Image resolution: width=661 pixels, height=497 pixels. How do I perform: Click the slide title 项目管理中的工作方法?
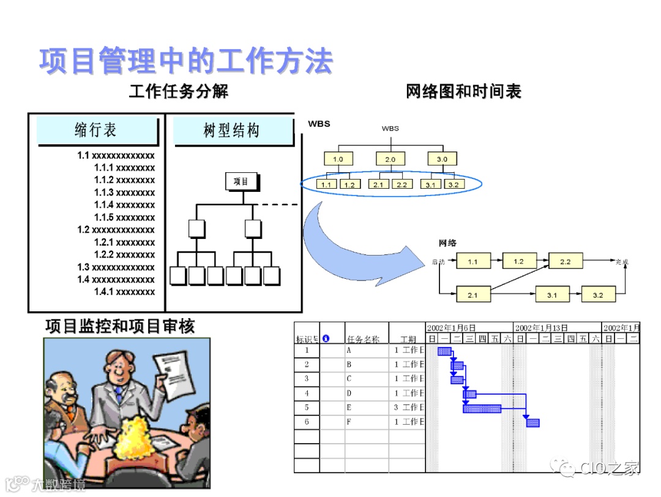click(186, 61)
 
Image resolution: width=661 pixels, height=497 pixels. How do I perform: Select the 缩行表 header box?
click(96, 130)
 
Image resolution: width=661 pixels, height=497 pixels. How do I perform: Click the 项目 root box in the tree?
click(241, 181)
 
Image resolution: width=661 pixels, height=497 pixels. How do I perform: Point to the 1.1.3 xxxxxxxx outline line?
click(124, 192)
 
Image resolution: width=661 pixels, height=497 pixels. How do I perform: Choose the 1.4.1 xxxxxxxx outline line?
click(124, 292)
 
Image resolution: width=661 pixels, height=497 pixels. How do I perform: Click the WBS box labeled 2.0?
click(390, 159)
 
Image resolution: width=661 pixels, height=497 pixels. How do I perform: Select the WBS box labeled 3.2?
click(453, 184)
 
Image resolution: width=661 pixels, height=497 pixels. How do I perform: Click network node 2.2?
click(564, 262)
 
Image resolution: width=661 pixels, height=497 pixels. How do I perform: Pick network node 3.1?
click(551, 295)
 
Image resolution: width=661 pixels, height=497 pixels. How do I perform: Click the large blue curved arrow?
click(349, 245)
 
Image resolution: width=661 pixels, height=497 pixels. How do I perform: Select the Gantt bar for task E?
click(482, 408)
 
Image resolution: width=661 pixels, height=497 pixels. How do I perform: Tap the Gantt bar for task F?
click(532, 423)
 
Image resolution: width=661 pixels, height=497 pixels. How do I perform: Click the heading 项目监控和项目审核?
click(120, 326)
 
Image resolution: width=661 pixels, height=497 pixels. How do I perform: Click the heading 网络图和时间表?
click(463, 92)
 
